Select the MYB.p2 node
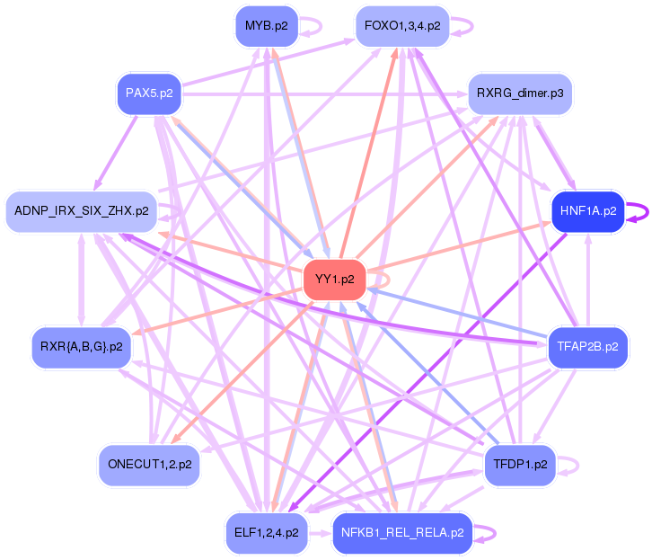point(266,26)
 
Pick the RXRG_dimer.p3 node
point(520,93)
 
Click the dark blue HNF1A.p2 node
point(587,211)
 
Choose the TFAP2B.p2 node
point(587,346)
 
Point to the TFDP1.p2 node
point(520,465)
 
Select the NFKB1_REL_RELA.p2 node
point(401,532)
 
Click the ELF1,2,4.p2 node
point(266,532)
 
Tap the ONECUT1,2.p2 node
point(148,465)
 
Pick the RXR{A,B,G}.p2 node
point(81,346)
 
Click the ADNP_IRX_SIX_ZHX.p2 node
point(81,211)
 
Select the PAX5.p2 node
point(149,93)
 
